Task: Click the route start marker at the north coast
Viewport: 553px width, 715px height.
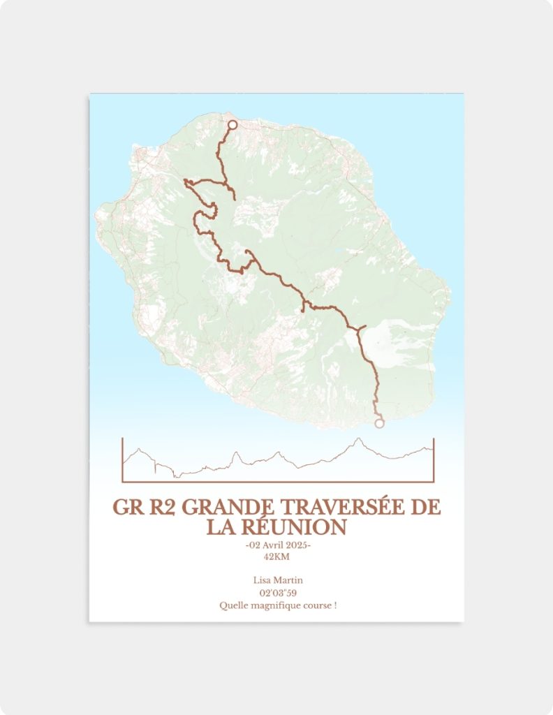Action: (233, 125)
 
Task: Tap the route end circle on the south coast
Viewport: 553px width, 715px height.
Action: (379, 423)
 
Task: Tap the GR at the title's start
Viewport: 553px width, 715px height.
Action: (126, 508)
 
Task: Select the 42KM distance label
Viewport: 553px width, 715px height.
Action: (276, 556)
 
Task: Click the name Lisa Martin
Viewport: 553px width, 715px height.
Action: (277, 580)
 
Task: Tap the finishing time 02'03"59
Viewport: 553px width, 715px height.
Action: (277, 593)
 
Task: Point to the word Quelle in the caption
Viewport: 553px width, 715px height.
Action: (233, 605)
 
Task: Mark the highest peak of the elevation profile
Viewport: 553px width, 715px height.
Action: (358, 439)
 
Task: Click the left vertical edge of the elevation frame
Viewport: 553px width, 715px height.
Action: (122, 461)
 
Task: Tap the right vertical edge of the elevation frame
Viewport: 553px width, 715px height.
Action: (434, 461)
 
